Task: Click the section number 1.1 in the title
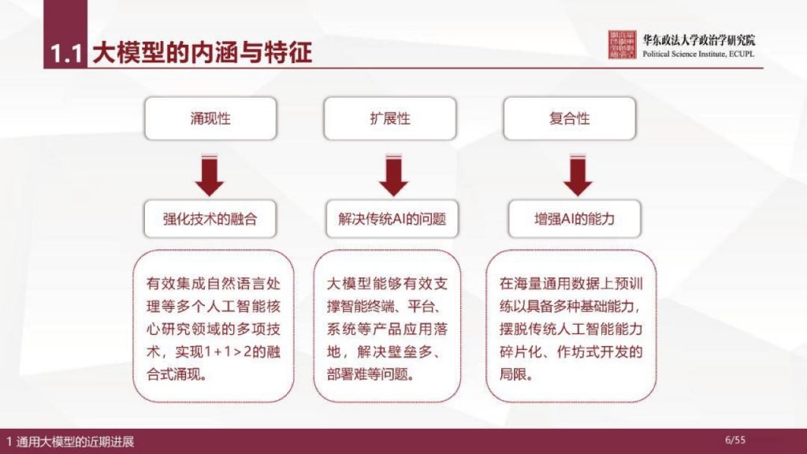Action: pos(66,54)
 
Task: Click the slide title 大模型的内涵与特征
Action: pos(202,53)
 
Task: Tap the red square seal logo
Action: pos(623,46)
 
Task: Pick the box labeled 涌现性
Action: pos(210,119)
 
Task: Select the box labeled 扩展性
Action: pos(390,119)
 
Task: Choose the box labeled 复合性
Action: pos(570,119)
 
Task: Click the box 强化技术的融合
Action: pos(210,219)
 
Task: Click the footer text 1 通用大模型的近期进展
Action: pos(70,441)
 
